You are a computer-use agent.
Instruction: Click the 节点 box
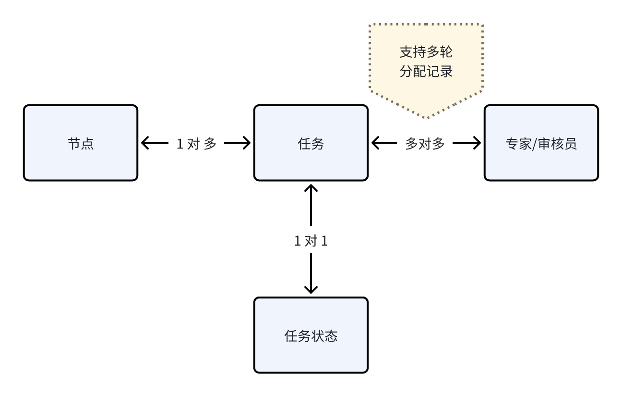pos(81,143)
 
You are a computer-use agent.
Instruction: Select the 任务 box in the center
pos(311,143)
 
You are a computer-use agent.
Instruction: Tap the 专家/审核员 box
pos(541,143)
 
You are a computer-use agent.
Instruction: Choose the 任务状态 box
pos(311,335)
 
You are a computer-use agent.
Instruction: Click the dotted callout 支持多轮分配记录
pos(426,62)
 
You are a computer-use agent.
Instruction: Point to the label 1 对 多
pos(196,143)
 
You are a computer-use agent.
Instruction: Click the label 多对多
pos(425,143)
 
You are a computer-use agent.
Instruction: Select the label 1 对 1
pos(311,241)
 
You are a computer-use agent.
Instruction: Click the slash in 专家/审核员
pos(535,144)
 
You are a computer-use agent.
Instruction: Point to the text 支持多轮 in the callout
pos(426,52)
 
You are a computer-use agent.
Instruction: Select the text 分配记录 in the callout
pos(426,72)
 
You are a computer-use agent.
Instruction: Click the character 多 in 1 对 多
pos(210,143)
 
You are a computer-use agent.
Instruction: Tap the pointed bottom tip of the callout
pos(426,117)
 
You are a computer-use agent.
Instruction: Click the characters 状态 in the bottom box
pos(324,335)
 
